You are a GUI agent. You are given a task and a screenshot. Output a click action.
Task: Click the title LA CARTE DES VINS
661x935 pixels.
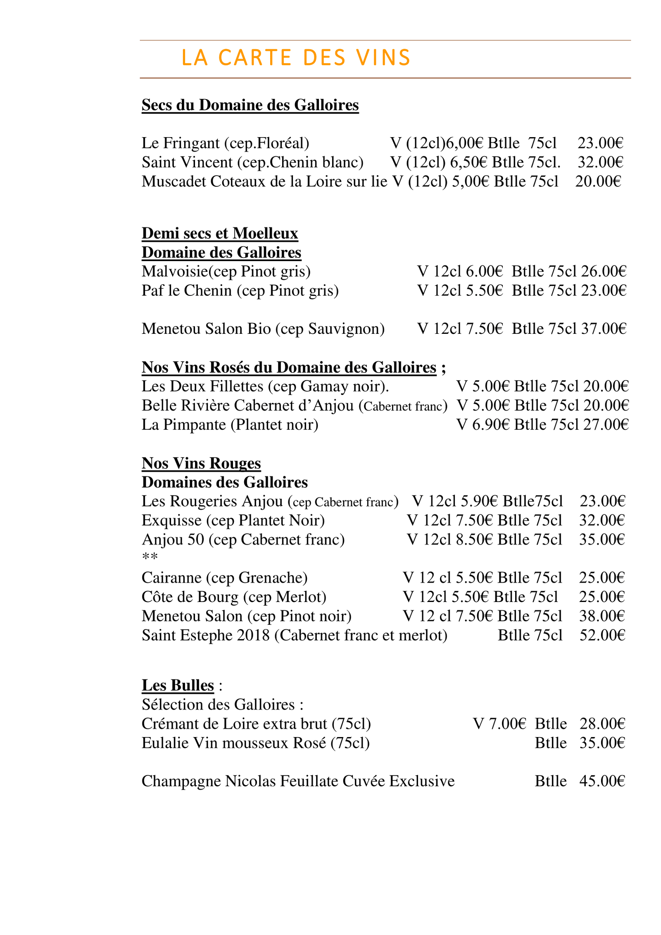pyautogui.click(x=295, y=57)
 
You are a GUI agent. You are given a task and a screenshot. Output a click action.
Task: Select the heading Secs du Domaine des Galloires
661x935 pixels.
pyautogui.click(x=250, y=105)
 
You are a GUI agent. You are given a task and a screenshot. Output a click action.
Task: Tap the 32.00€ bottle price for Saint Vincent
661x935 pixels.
pyautogui.click(x=600, y=162)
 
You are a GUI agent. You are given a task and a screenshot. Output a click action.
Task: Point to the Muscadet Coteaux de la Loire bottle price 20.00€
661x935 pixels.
pyautogui.click(x=598, y=181)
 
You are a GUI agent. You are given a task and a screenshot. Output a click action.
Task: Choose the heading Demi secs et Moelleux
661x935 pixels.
pyautogui.click(x=220, y=233)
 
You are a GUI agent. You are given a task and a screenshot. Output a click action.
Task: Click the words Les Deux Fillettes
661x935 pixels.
pyautogui.click(x=202, y=386)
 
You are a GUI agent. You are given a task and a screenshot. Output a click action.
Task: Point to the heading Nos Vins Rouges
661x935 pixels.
pyautogui.click(x=201, y=463)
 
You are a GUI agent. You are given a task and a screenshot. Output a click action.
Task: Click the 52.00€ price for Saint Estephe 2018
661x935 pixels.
pyautogui.click(x=602, y=635)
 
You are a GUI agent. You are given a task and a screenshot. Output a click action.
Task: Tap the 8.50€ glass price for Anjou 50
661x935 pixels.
pyautogui.click(x=475, y=540)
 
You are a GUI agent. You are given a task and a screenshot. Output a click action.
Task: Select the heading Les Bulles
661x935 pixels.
pyautogui.click(x=178, y=685)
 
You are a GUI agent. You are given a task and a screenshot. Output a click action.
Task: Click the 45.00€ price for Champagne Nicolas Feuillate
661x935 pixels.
pyautogui.click(x=602, y=781)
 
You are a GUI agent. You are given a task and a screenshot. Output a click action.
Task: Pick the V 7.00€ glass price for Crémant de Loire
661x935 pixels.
pyautogui.click(x=499, y=724)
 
